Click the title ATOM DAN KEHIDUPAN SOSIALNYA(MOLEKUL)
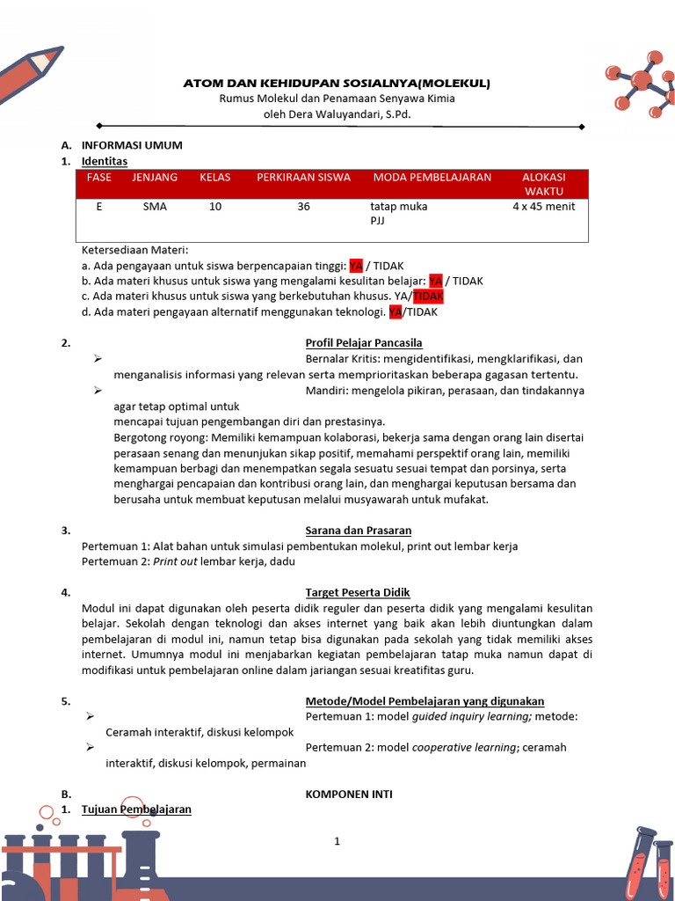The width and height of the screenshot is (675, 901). click(337, 84)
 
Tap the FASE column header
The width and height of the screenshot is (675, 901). click(99, 177)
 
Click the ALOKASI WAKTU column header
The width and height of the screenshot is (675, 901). click(544, 184)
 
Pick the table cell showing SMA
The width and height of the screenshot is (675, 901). click(154, 207)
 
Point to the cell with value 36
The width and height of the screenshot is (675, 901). click(303, 207)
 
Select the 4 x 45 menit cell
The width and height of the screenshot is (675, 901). click(544, 207)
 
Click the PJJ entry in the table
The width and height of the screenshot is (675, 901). click(378, 222)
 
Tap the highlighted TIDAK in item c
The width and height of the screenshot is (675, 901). click(428, 297)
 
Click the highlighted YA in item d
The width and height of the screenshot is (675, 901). click(396, 311)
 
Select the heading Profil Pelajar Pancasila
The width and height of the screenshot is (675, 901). click(364, 342)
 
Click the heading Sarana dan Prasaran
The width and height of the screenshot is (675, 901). click(359, 531)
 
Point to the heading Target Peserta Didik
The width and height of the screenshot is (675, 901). click(358, 592)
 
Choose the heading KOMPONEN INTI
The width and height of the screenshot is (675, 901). click(349, 794)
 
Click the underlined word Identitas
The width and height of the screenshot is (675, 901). click(105, 161)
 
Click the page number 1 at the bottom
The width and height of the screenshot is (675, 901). click(337, 841)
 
